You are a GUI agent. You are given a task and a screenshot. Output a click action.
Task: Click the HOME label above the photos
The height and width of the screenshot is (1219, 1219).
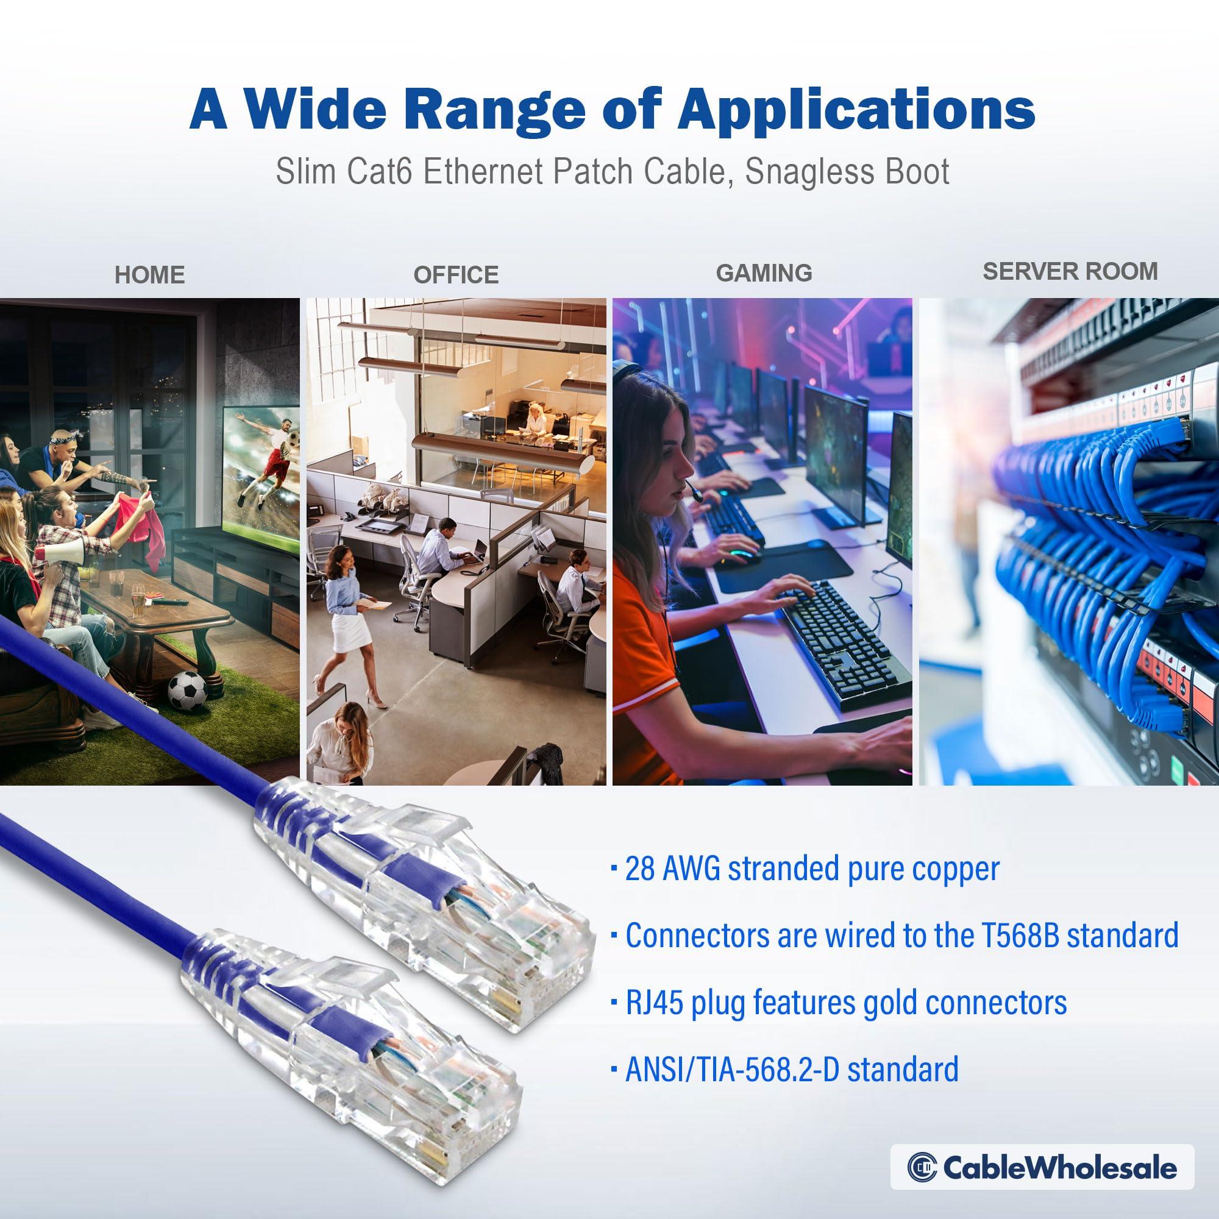[149, 275]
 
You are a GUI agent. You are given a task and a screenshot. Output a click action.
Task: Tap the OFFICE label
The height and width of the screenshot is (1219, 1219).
[455, 275]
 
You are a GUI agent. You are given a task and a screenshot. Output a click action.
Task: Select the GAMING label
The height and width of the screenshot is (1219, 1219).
[764, 272]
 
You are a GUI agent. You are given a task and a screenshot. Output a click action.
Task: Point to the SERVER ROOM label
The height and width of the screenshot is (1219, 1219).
[1070, 271]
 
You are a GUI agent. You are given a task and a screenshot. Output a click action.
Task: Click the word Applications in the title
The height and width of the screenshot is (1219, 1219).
[856, 109]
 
